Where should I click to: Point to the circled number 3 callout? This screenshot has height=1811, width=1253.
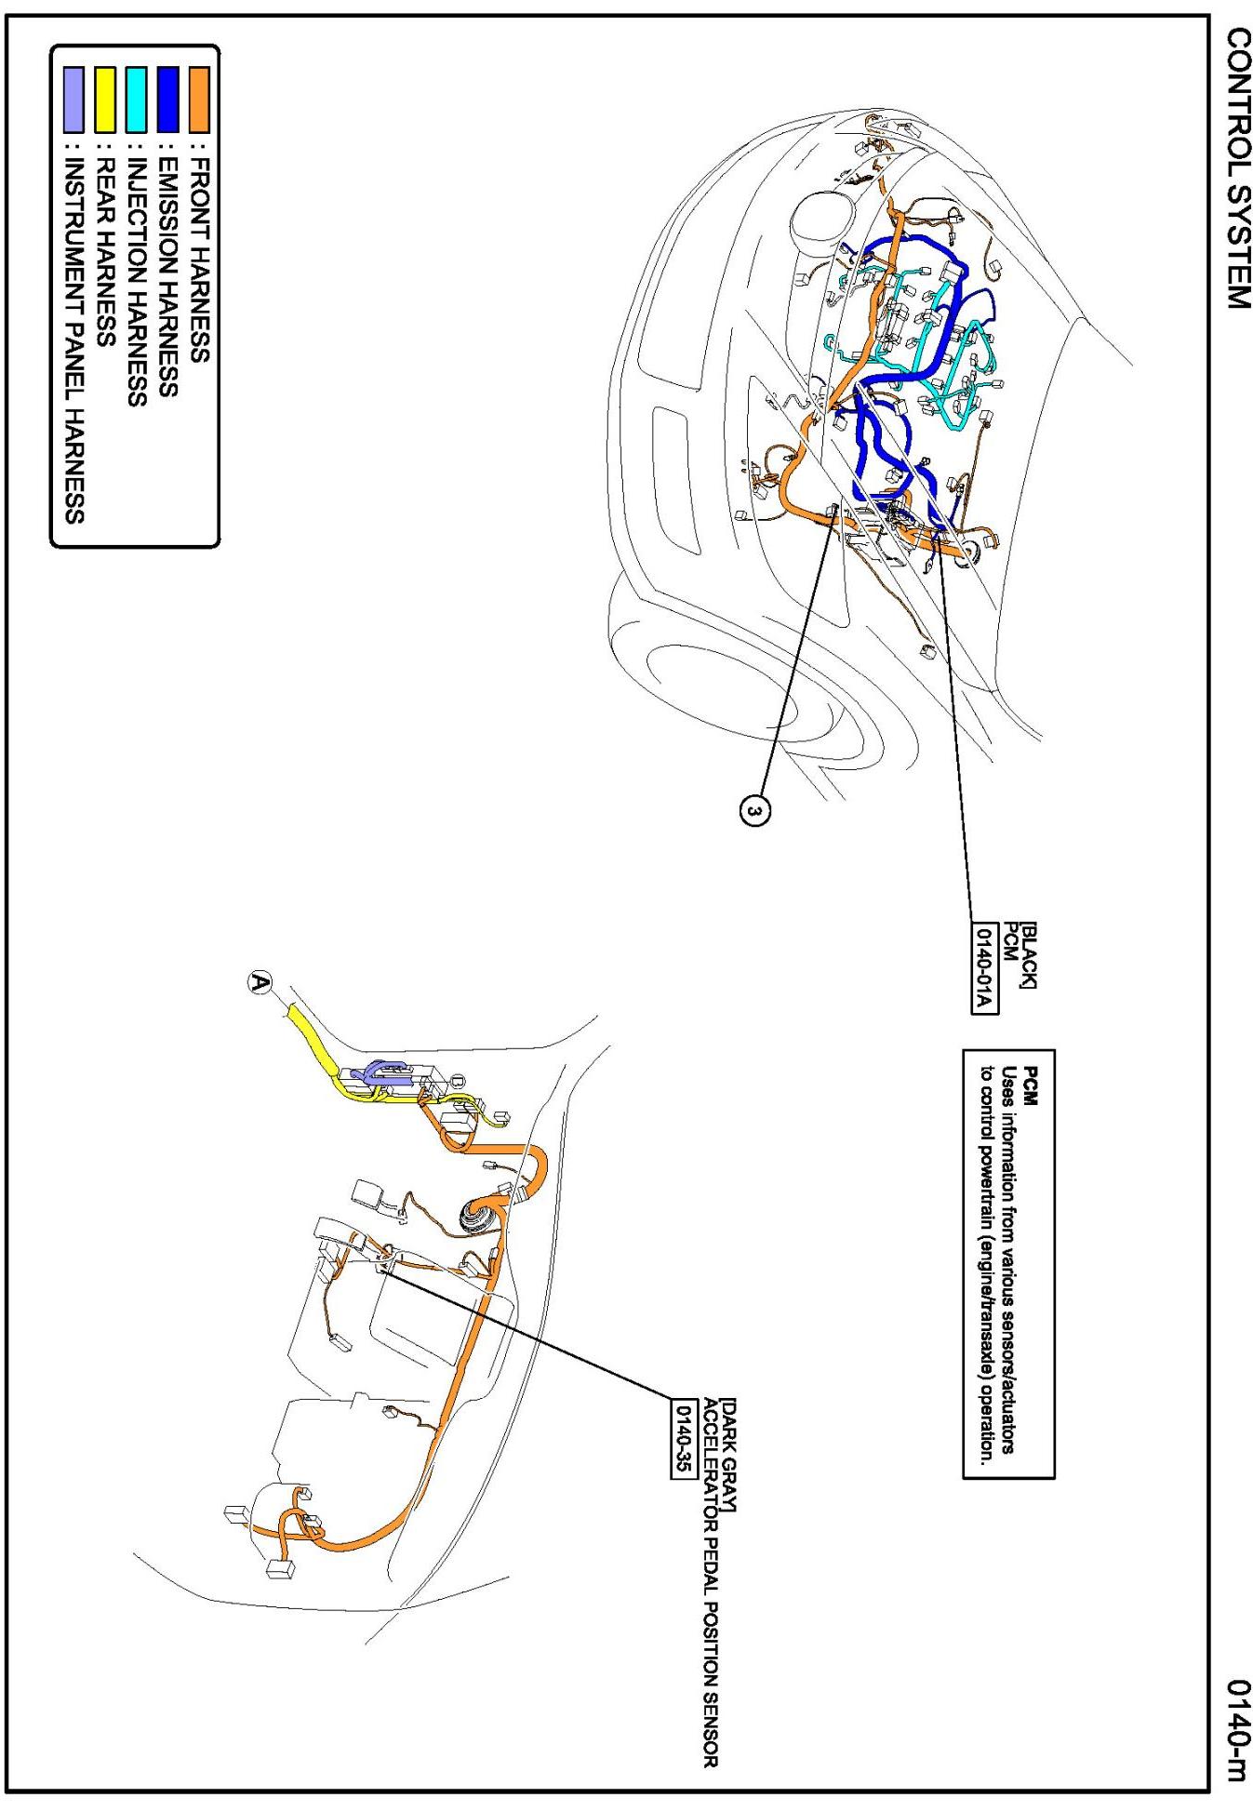click(x=755, y=812)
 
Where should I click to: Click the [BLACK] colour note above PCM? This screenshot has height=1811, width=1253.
click(x=1031, y=954)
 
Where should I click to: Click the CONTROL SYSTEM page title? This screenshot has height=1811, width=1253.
click(x=1237, y=168)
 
